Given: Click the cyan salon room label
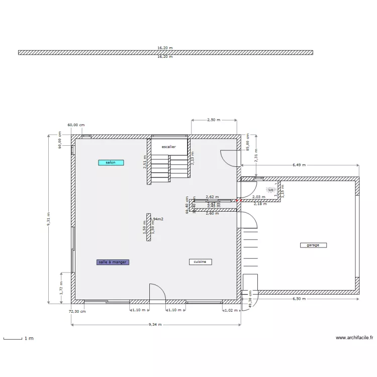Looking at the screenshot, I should pos(111,162).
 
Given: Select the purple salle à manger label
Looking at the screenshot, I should pos(113,262).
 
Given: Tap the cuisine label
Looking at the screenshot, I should pos(200,262).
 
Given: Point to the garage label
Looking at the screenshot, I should pos(313,245).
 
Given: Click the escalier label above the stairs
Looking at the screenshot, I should pos(168,147).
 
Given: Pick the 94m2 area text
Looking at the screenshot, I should pos(158,219).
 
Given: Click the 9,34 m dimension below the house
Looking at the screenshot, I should pos(155,325).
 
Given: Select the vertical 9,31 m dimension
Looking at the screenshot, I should pos(49,219).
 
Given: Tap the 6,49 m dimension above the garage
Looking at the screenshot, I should pos(299,165).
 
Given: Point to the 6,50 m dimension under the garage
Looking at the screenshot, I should pos(300,299).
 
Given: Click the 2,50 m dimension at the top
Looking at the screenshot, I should pos(214,120).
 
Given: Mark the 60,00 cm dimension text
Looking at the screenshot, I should pos(76,125).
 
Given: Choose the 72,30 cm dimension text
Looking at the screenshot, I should pos(77,311).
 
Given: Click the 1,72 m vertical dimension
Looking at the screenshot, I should pos(61,288).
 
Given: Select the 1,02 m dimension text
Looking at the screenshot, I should pos(229,310).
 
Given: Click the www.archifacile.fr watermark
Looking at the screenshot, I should pos(354,338).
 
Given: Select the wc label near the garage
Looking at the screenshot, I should pos(270,190).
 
